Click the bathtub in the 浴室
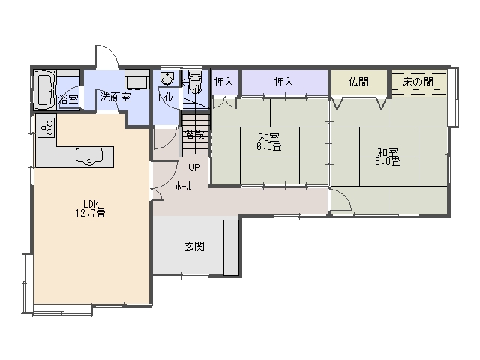pyautogui.click(x=44, y=89)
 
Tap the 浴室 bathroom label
pyautogui.click(x=68, y=99)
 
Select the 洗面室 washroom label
pyautogui.click(x=115, y=97)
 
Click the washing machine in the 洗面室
pyautogui.click(x=137, y=79)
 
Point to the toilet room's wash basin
pyautogui.click(x=166, y=78)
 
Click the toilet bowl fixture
pyautogui.click(x=195, y=81)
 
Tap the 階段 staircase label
pyautogui.click(x=193, y=134)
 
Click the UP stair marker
pyautogui.click(x=194, y=167)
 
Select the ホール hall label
pyautogui.click(x=184, y=186)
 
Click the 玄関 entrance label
pyautogui.click(x=194, y=246)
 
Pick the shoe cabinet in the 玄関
pyautogui.click(x=231, y=247)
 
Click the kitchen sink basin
pyautogui.click(x=89, y=156)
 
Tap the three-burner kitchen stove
pyautogui.click(x=46, y=127)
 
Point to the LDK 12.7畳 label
pyautogui.click(x=91, y=208)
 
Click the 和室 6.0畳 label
pyautogui.click(x=269, y=142)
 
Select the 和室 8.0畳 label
pyautogui.click(x=388, y=157)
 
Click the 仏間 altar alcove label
pyautogui.click(x=358, y=82)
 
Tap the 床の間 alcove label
pyautogui.click(x=418, y=82)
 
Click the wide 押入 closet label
pyautogui.click(x=283, y=82)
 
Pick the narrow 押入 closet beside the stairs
pyautogui.click(x=224, y=82)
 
